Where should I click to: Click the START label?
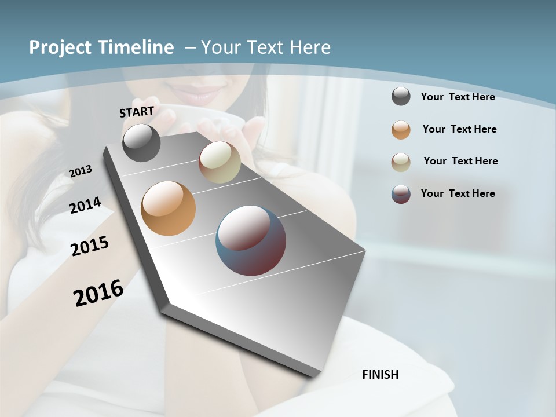tap(137, 112)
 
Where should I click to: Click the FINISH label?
tap(381, 375)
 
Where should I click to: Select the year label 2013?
tap(81, 171)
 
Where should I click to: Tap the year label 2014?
tap(86, 206)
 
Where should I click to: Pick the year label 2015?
tap(90, 247)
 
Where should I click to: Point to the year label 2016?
tap(98, 293)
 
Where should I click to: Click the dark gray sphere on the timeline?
tap(142, 143)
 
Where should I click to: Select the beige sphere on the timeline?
tap(220, 162)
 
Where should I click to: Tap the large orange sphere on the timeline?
tap(169, 209)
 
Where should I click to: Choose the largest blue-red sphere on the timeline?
tap(251, 240)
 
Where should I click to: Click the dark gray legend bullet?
tap(401, 97)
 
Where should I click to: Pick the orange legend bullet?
tap(401, 130)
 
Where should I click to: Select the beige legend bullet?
tap(401, 162)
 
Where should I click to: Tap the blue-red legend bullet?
tap(401, 194)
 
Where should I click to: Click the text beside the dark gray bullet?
tap(458, 97)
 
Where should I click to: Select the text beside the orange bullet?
tap(460, 129)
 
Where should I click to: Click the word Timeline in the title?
tap(136, 47)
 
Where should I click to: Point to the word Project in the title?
tap(60, 47)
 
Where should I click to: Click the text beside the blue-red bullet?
tap(458, 193)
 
